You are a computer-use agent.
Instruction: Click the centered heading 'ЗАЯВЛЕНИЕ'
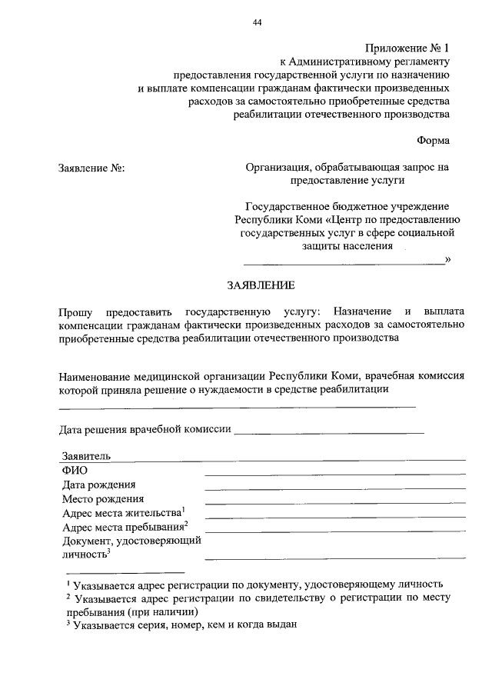pyautogui.click(x=261, y=285)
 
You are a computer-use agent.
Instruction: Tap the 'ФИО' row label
pyautogui.click(x=75, y=470)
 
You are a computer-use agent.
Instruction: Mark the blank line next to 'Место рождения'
pyautogui.click(x=334, y=502)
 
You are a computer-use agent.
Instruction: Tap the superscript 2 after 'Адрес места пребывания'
pyautogui.click(x=186, y=524)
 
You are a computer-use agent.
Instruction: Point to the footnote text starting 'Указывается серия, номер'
pyautogui.click(x=184, y=625)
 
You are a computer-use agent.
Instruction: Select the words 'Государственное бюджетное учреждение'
pyautogui.click(x=347, y=207)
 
